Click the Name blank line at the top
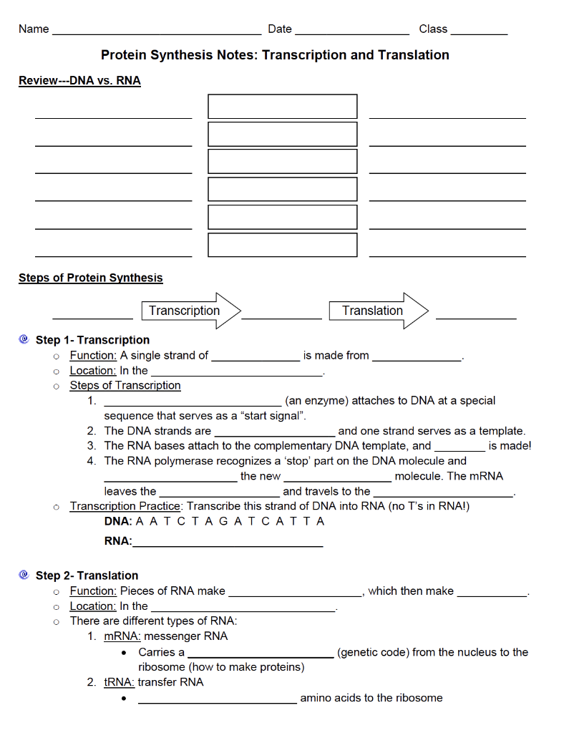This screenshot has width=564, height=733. (x=157, y=33)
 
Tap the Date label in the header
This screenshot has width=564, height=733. (x=280, y=29)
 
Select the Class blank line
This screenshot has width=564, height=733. (x=479, y=33)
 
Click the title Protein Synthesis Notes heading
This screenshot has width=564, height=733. (x=275, y=55)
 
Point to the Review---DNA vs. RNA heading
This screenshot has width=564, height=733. (x=79, y=81)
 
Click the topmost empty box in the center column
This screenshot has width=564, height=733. (x=282, y=106)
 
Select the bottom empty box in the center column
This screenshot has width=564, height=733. (x=282, y=245)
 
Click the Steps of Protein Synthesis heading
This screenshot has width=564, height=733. (x=91, y=278)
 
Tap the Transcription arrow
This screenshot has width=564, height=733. (x=192, y=311)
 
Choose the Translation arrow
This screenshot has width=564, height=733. (x=378, y=311)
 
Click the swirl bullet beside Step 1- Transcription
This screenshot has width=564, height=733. (x=24, y=339)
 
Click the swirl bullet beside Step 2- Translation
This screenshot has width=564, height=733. (x=24, y=575)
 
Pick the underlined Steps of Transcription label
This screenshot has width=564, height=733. (x=125, y=385)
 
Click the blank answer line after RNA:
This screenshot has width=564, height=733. (x=228, y=545)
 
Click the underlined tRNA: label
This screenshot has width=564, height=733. (x=120, y=681)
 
